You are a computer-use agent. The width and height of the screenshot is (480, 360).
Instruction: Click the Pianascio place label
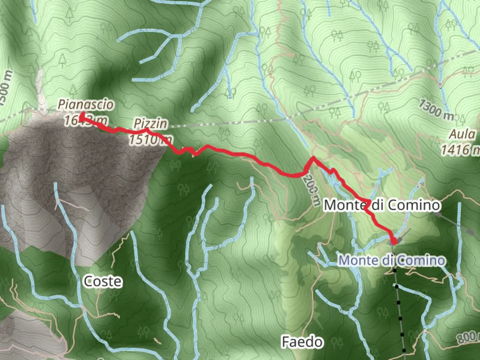(x=86, y=105)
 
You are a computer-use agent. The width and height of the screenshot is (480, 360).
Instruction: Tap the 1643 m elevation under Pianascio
(x=86, y=120)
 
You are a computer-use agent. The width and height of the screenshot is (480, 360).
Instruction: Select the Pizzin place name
(x=150, y=124)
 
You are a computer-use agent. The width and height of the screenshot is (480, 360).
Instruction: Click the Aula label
(x=462, y=134)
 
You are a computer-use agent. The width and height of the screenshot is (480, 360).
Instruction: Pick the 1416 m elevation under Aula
(x=460, y=150)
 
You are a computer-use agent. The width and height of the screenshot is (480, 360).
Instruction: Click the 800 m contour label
(x=468, y=337)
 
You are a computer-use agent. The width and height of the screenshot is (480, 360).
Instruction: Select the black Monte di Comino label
(x=382, y=205)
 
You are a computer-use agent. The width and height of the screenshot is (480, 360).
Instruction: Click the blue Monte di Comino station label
(x=392, y=260)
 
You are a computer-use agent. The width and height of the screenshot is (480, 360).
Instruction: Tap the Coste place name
(x=103, y=281)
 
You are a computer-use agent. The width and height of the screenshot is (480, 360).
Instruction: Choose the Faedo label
(x=302, y=342)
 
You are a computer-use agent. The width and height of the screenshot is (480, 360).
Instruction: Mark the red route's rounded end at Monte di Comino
(x=394, y=241)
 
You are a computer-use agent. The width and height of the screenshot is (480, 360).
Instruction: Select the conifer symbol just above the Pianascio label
(x=73, y=90)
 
